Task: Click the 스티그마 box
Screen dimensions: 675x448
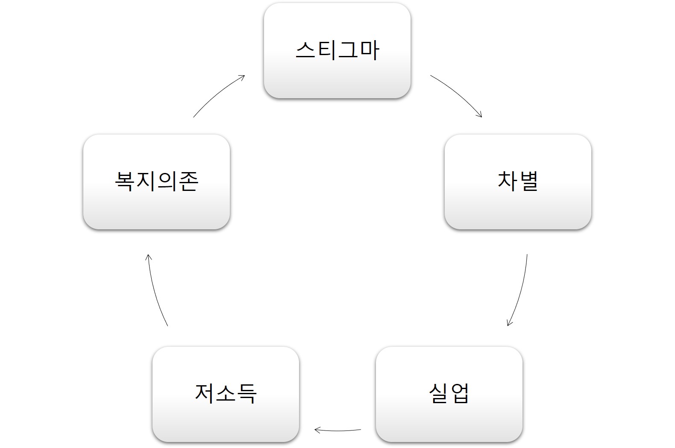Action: tap(337, 51)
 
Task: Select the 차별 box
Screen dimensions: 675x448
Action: tap(518, 182)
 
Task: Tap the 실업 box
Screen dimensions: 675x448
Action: tap(449, 394)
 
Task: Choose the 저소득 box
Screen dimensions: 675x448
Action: tap(226, 394)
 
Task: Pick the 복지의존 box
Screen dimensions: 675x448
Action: tap(156, 182)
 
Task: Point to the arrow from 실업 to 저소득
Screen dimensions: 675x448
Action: tap(337, 431)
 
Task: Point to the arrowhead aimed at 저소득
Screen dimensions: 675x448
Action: tap(317, 430)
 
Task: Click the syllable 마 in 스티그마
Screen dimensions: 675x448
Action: tap(370, 50)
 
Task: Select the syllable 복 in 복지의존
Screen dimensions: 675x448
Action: tap(124, 182)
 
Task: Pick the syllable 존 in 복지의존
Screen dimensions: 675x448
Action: tap(189, 182)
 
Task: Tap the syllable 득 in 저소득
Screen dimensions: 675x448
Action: tap(247, 394)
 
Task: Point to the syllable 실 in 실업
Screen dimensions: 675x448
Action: tap(438, 394)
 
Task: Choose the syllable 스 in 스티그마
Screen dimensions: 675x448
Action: tap(305, 50)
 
